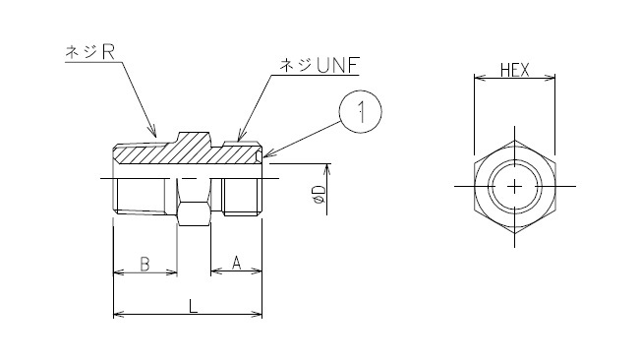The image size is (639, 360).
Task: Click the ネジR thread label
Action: [90, 52]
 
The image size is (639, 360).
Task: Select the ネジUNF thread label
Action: [319, 66]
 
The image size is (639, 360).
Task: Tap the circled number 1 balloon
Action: [361, 111]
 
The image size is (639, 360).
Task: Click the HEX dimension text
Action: [514, 71]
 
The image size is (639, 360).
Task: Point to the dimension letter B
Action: [145, 264]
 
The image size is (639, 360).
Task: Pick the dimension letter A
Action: [236, 263]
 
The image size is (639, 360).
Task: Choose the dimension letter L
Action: [193, 306]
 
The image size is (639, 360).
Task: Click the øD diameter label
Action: [320, 194]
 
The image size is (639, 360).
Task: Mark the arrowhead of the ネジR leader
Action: [153, 133]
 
